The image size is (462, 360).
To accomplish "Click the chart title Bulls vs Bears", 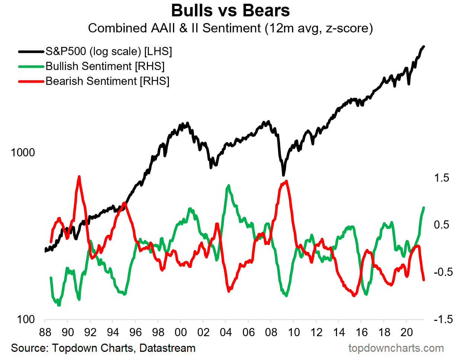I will pos(230,10).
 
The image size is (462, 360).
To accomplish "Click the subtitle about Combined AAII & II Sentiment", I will pos(230,28).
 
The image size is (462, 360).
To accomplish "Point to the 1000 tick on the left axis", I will pos(23,153).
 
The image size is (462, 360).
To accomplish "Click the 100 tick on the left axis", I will pos(26,319).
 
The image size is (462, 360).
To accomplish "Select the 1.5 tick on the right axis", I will pos(442,178).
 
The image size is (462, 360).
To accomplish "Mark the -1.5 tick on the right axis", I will pos(443,319).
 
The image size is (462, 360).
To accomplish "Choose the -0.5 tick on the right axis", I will pos(443,272).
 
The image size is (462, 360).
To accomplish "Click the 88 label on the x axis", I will pos(45,332).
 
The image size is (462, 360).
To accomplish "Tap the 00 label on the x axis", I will pos(180,332).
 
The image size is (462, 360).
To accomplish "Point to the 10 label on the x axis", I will pos(294,332).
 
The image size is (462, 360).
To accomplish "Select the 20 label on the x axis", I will pos(407,332).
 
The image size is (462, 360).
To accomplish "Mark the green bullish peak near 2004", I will pos(228,185).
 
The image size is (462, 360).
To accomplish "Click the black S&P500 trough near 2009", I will pos(283,175).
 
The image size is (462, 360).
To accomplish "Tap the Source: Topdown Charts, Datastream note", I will pos(103,348).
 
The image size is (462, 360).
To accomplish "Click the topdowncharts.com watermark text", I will pos(396,348).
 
